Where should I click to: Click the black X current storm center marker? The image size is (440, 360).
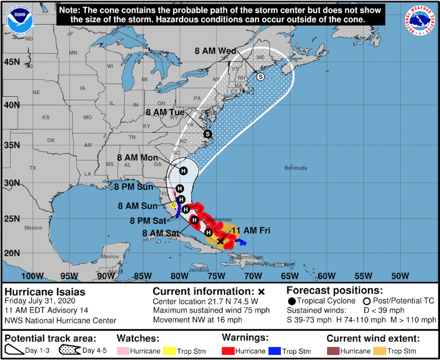pos(220,241)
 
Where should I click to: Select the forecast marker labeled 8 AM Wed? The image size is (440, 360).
pos(260,77)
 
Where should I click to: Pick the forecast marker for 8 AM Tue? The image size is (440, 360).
pos(207,134)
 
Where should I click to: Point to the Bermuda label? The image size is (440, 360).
pos(295,168)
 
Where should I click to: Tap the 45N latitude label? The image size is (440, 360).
pos(11,62)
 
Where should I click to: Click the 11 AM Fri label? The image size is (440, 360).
pos(251,230)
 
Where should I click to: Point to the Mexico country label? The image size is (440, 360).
pos(33,228)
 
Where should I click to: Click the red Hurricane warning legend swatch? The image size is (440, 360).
pos(228,351)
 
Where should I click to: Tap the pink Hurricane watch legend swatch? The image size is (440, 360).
pos(123,351)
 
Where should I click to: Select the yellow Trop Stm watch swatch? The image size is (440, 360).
pos(169,351)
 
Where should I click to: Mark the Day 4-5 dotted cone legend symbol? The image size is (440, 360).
pos(69,350)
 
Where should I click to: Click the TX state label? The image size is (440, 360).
pos(33,168)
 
